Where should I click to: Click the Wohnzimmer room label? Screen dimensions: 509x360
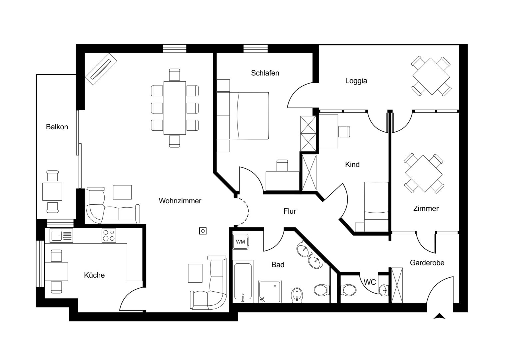point(180,201)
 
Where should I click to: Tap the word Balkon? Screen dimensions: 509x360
point(57,127)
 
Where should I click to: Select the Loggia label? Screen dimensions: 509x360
point(356,81)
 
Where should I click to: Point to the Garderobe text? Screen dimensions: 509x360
point(427,263)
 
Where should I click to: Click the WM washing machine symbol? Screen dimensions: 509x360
point(241,242)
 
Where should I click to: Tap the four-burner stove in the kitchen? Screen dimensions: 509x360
point(109,235)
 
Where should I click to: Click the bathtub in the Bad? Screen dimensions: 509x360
point(243,281)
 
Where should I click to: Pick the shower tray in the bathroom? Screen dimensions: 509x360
point(270,291)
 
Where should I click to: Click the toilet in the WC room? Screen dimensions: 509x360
point(348,290)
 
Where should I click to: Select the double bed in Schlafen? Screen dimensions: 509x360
point(243,116)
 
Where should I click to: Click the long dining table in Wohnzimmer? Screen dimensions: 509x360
point(175,108)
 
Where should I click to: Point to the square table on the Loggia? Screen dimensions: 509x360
point(431,76)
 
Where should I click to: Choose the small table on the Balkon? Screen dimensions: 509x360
point(52,191)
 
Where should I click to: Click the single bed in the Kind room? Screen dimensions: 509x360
point(376,206)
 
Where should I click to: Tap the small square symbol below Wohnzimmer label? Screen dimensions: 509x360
point(203,231)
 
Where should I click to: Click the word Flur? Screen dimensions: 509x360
point(290,211)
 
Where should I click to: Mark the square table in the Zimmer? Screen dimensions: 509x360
point(424,174)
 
